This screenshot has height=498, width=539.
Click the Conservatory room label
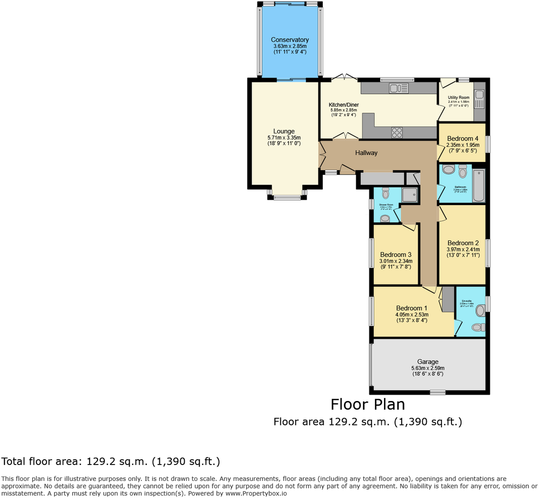[x=289, y=40]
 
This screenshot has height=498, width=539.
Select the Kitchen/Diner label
[x=343, y=105]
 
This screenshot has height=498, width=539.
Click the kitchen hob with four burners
[x=397, y=132]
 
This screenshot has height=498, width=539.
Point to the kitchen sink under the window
[x=398, y=88]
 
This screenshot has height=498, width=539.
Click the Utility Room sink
[x=479, y=95]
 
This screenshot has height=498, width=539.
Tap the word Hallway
[x=366, y=153]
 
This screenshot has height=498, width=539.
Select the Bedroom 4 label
[x=462, y=139]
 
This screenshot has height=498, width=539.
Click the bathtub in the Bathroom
[x=478, y=185]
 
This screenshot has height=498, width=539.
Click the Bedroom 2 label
[x=463, y=242]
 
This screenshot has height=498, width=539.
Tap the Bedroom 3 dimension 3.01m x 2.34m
[x=396, y=261]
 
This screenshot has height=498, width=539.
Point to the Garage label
[x=428, y=362]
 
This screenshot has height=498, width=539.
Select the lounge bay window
[x=287, y=196]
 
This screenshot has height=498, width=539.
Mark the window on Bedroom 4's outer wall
[x=487, y=144]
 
